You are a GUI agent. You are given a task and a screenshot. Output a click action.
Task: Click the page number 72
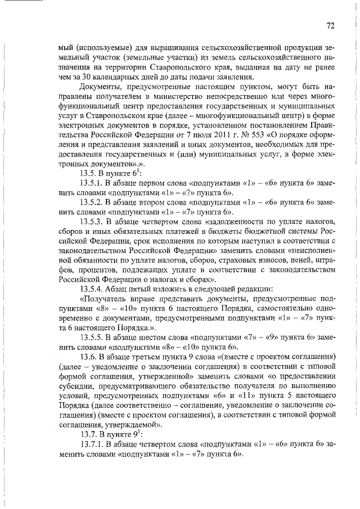[x=330, y=25]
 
